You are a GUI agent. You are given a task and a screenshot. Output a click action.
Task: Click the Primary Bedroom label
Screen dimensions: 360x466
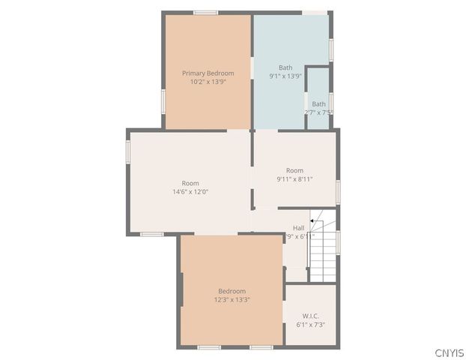pyautogui.click(x=208, y=73)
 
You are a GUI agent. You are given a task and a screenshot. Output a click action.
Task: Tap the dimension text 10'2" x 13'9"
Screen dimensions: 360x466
pyautogui.click(x=208, y=82)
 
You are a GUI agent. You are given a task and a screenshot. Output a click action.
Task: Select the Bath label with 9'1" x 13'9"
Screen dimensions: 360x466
pyautogui.click(x=285, y=67)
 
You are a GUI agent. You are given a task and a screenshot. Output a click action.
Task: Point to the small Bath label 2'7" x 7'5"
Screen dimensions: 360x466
pyautogui.click(x=318, y=104)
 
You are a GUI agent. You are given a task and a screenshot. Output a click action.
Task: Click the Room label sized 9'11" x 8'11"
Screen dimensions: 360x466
pyautogui.click(x=294, y=170)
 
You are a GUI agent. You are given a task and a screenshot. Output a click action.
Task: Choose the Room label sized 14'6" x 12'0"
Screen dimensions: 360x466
pyautogui.click(x=190, y=183)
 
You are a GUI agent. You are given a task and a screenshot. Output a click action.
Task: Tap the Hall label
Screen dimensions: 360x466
pyautogui.click(x=298, y=227)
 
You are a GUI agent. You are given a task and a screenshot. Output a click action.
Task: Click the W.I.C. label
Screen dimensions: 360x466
pyautogui.click(x=310, y=316)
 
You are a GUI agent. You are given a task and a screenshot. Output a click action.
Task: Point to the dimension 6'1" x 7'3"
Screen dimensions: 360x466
pyautogui.click(x=310, y=325)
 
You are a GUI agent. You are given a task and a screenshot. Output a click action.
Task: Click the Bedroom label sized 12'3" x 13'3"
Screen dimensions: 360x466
pyautogui.click(x=232, y=291)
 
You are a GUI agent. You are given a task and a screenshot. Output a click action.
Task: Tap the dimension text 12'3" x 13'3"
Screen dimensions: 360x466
pyautogui.click(x=232, y=300)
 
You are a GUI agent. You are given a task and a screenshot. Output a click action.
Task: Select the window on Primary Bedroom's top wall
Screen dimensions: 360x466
pyautogui.click(x=205, y=13)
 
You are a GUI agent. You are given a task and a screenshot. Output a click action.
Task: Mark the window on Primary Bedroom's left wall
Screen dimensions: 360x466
pyautogui.click(x=163, y=100)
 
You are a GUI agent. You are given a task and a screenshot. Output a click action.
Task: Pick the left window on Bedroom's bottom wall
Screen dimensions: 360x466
pyautogui.click(x=209, y=347)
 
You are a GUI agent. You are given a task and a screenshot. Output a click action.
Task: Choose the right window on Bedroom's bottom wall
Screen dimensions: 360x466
pyautogui.click(x=261, y=347)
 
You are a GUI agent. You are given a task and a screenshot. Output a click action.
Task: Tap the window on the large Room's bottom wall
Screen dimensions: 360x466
pyautogui.click(x=152, y=235)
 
